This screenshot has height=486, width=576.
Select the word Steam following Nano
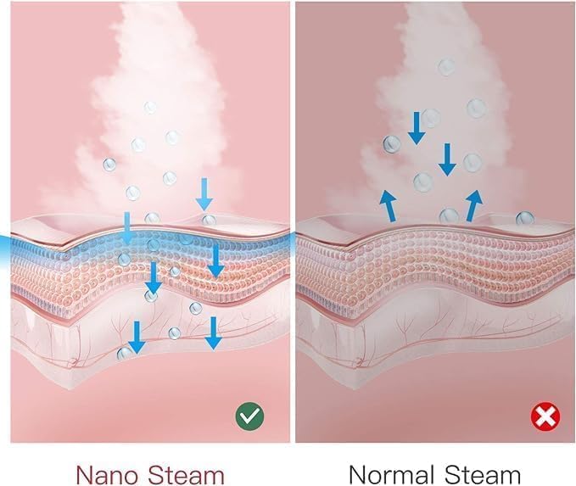[x=187, y=475]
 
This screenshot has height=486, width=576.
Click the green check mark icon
[x=249, y=417]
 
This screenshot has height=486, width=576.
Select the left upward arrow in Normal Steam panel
[x=389, y=206]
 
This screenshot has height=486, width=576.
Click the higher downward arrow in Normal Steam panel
[x=417, y=128]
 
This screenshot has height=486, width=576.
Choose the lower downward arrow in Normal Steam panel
[x=447, y=159]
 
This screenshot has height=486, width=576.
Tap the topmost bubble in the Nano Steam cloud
[x=150, y=107]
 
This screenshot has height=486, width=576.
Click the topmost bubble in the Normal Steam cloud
[x=446, y=67]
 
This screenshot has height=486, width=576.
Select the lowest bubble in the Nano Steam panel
[x=124, y=354]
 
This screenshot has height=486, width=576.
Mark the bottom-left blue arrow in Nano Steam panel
[x=137, y=338]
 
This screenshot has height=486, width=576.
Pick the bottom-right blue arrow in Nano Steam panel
[x=214, y=333]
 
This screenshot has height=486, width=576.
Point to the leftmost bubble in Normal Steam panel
[x=392, y=144]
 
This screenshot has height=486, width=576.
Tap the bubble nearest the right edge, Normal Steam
[x=524, y=219]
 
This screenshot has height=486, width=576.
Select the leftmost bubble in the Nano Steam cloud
[x=109, y=165]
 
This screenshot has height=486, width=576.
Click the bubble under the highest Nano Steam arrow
[x=209, y=221]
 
